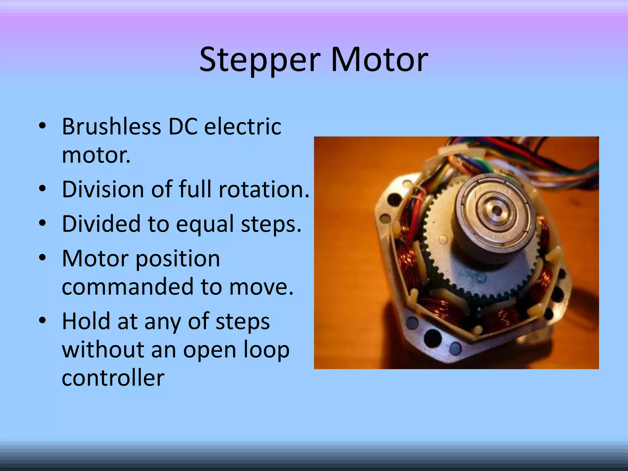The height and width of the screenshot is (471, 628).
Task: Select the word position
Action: point(178,258)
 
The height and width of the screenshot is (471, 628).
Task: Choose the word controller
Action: point(113,378)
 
